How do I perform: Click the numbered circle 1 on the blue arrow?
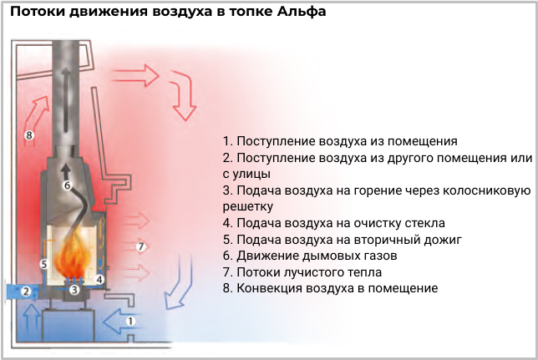click(130, 322)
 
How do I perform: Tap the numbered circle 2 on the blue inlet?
click(26, 292)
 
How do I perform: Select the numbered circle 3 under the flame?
click(74, 290)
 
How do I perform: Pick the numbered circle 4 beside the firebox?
click(99, 280)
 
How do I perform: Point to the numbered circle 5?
click(44, 264)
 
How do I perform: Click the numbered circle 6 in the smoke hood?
click(67, 185)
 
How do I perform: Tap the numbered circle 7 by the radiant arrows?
click(140, 246)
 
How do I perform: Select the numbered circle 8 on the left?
click(29, 135)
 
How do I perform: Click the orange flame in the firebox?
click(73, 252)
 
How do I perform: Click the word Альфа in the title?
click(302, 12)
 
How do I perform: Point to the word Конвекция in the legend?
click(264, 288)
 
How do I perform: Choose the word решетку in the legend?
click(248, 206)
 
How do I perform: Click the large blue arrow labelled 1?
click(122, 322)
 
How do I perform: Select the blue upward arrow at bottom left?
click(33, 319)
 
